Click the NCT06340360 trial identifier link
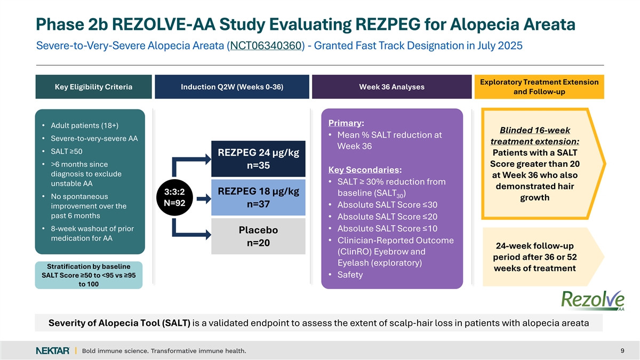coord(266,45)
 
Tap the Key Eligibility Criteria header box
coord(94,87)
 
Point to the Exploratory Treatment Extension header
coord(539,87)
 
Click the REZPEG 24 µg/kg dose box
coord(258,159)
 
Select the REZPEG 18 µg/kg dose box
coord(258,198)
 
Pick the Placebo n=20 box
coord(258,236)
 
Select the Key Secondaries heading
coord(365,170)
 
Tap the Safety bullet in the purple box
coord(350,275)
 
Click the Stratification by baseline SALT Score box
coord(89,275)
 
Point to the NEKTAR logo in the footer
coord(52,350)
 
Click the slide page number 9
coord(622,350)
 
